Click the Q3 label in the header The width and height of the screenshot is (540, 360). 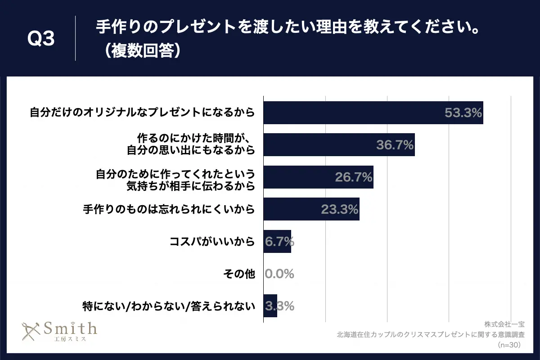(x=41, y=39)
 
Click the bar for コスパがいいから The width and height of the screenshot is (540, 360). (x=277, y=242)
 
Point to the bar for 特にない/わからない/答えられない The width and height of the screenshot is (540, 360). (x=270, y=306)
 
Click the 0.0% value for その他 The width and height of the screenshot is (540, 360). (x=279, y=274)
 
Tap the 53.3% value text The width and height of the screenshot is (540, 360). (x=463, y=113)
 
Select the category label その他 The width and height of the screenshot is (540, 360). (x=239, y=274)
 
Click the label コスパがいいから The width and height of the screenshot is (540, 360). (x=212, y=242)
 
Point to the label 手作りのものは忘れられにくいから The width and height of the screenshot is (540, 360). (x=169, y=209)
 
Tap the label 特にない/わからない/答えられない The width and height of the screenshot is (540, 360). (x=169, y=306)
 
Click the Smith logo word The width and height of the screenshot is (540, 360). (x=70, y=328)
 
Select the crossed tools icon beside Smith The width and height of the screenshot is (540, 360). (x=31, y=332)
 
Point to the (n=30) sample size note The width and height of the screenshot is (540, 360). (x=509, y=345)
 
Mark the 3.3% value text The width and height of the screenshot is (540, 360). (x=279, y=306)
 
